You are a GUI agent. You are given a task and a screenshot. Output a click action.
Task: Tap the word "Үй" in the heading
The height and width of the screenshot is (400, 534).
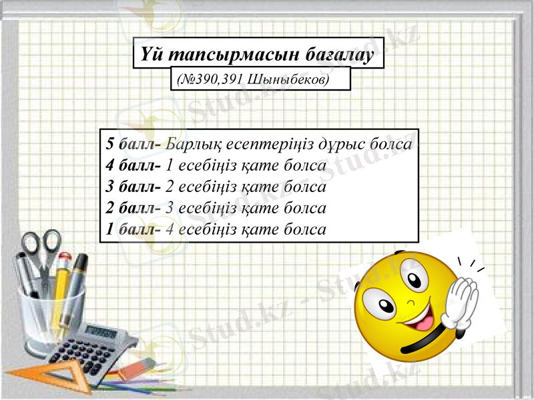149,53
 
